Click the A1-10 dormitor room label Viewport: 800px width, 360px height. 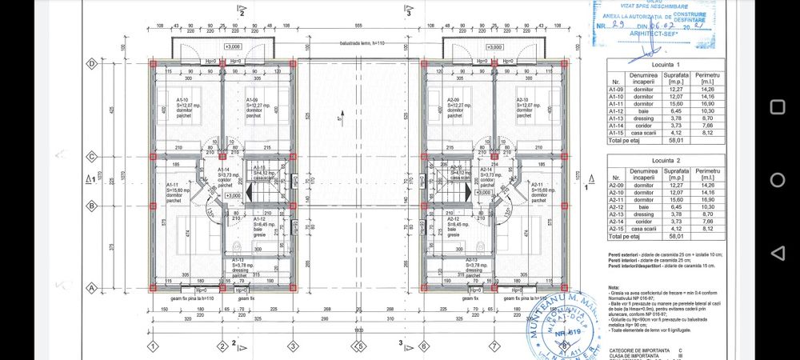click(186, 108)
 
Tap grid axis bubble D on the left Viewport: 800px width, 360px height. click(92, 63)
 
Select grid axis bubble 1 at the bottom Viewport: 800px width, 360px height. click(152, 346)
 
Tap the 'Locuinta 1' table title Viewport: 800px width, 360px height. click(666, 64)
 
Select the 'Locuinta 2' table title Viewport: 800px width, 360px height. click(666, 160)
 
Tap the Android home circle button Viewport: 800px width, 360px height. click(777, 179)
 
